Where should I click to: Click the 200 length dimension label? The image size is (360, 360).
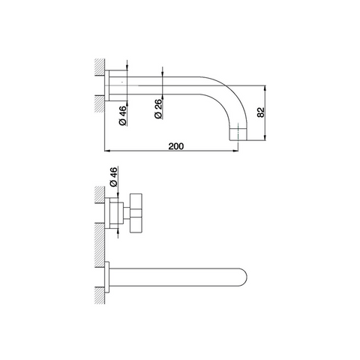(x=175, y=146)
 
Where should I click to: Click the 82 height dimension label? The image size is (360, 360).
(x=260, y=112)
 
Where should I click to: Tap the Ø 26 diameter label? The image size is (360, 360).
(x=158, y=109)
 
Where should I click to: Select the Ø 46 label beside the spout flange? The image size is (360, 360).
(x=123, y=115)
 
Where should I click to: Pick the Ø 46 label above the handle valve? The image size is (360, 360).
(x=113, y=177)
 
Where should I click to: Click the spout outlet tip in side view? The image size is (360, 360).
(x=238, y=134)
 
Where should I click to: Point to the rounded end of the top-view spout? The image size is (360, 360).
(x=243, y=277)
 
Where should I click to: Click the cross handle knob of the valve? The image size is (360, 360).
(x=136, y=213)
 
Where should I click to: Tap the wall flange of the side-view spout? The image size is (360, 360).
(x=107, y=85)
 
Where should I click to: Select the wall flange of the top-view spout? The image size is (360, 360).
(x=107, y=277)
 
